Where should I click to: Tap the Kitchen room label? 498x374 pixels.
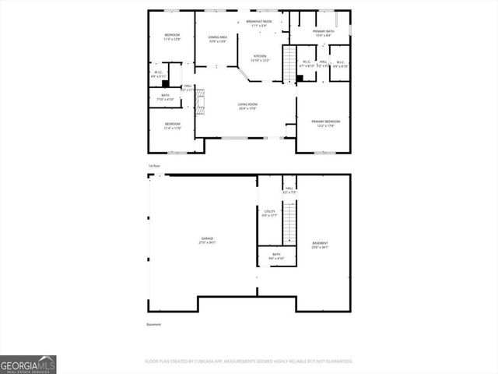[x=259, y=58]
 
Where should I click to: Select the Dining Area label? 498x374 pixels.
[x=217, y=39]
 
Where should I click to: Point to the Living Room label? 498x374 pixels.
[x=248, y=106]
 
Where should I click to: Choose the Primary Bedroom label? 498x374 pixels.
[x=326, y=123]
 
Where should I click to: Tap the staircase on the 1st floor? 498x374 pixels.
[x=289, y=59]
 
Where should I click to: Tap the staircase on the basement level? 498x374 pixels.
[x=289, y=222]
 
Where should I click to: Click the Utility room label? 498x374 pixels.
[x=269, y=213]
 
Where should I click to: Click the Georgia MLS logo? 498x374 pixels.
[x=28, y=364]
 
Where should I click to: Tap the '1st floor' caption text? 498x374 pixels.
[x=154, y=165]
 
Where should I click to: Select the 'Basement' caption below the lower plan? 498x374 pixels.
[x=153, y=324]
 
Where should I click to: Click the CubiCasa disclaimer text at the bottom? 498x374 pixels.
[x=248, y=362]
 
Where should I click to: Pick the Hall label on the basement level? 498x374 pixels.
[x=289, y=189]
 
